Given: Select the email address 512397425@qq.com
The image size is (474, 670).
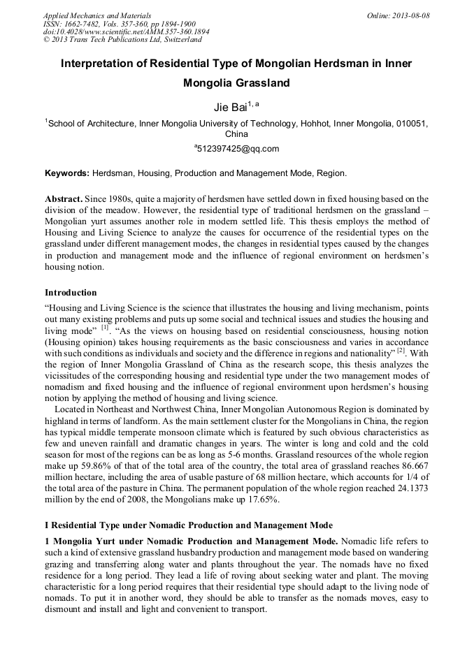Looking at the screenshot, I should tap(238, 148).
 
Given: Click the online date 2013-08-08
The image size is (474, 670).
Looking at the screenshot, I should tap(402, 15).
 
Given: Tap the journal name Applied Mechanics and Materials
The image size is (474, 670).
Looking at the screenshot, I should tap(96, 15).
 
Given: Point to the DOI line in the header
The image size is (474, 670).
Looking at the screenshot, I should tap(126, 31).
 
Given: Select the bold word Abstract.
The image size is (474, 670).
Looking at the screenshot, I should tap(64, 199).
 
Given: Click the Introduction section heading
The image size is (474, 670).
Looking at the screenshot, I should tap(71, 292).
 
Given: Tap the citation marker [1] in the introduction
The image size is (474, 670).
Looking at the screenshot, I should tap(105, 327).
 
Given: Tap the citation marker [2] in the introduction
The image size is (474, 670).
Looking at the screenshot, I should tap(401, 351).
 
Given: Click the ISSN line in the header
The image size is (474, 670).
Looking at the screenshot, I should tap(119, 24).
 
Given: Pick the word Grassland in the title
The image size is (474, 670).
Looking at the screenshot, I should tap(260, 83).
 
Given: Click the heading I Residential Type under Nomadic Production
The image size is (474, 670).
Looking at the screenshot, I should tap(189, 525).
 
